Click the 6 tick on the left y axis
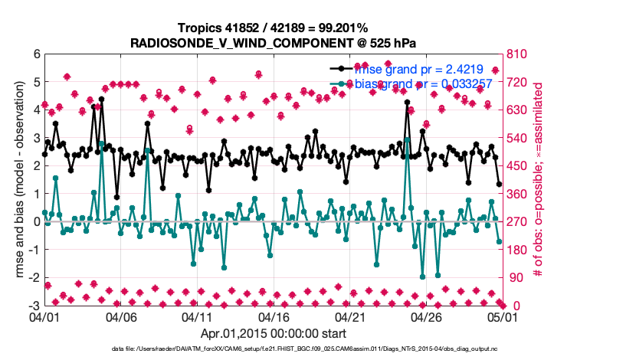pos(35,54)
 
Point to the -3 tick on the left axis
pos(33,306)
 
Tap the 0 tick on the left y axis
pos(35,221)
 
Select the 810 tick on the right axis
pos(514,54)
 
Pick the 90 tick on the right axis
pos(511,277)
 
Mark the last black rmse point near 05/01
pos(499,184)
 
